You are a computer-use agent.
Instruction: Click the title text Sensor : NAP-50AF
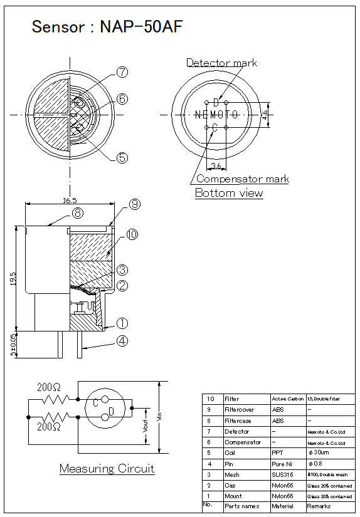pos(107,27)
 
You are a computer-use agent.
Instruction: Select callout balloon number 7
pos(122,73)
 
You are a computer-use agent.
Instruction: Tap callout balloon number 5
pos(122,157)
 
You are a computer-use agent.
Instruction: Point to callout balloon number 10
pos(132,234)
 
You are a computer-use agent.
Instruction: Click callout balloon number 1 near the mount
pos(122,323)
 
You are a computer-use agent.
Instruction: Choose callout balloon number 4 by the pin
pos(122,342)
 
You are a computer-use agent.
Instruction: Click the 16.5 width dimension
pos(70,201)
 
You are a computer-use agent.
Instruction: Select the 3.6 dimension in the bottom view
pos(216,165)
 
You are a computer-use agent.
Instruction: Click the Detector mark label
pos(221,63)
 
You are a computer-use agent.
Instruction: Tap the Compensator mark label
pos(243,179)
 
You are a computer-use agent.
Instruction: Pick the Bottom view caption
pos(229,193)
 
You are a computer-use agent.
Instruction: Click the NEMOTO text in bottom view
pos(216,115)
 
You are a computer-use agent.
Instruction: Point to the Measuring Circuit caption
pos(107,469)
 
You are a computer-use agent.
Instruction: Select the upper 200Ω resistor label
pos(49,387)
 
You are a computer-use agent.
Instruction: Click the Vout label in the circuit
pos(146,426)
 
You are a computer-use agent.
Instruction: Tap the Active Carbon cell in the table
pos(287,399)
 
